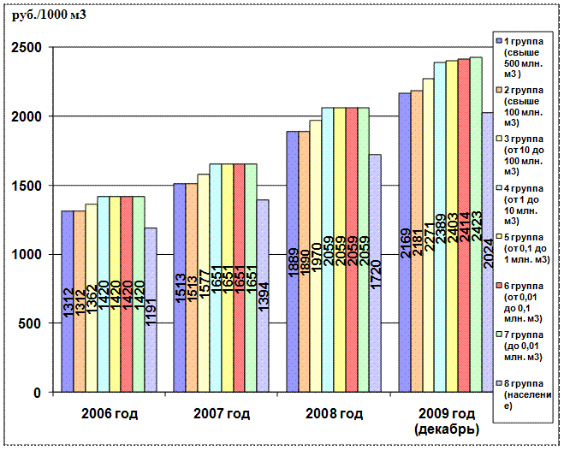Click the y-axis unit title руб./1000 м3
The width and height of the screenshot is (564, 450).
[50, 15]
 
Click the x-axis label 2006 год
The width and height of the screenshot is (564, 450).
[109, 415]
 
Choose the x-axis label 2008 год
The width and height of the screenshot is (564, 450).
[334, 415]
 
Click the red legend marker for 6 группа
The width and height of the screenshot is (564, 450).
[499, 287]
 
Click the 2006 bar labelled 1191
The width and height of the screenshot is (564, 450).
[151, 282]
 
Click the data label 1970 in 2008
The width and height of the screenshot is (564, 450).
[316, 258]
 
